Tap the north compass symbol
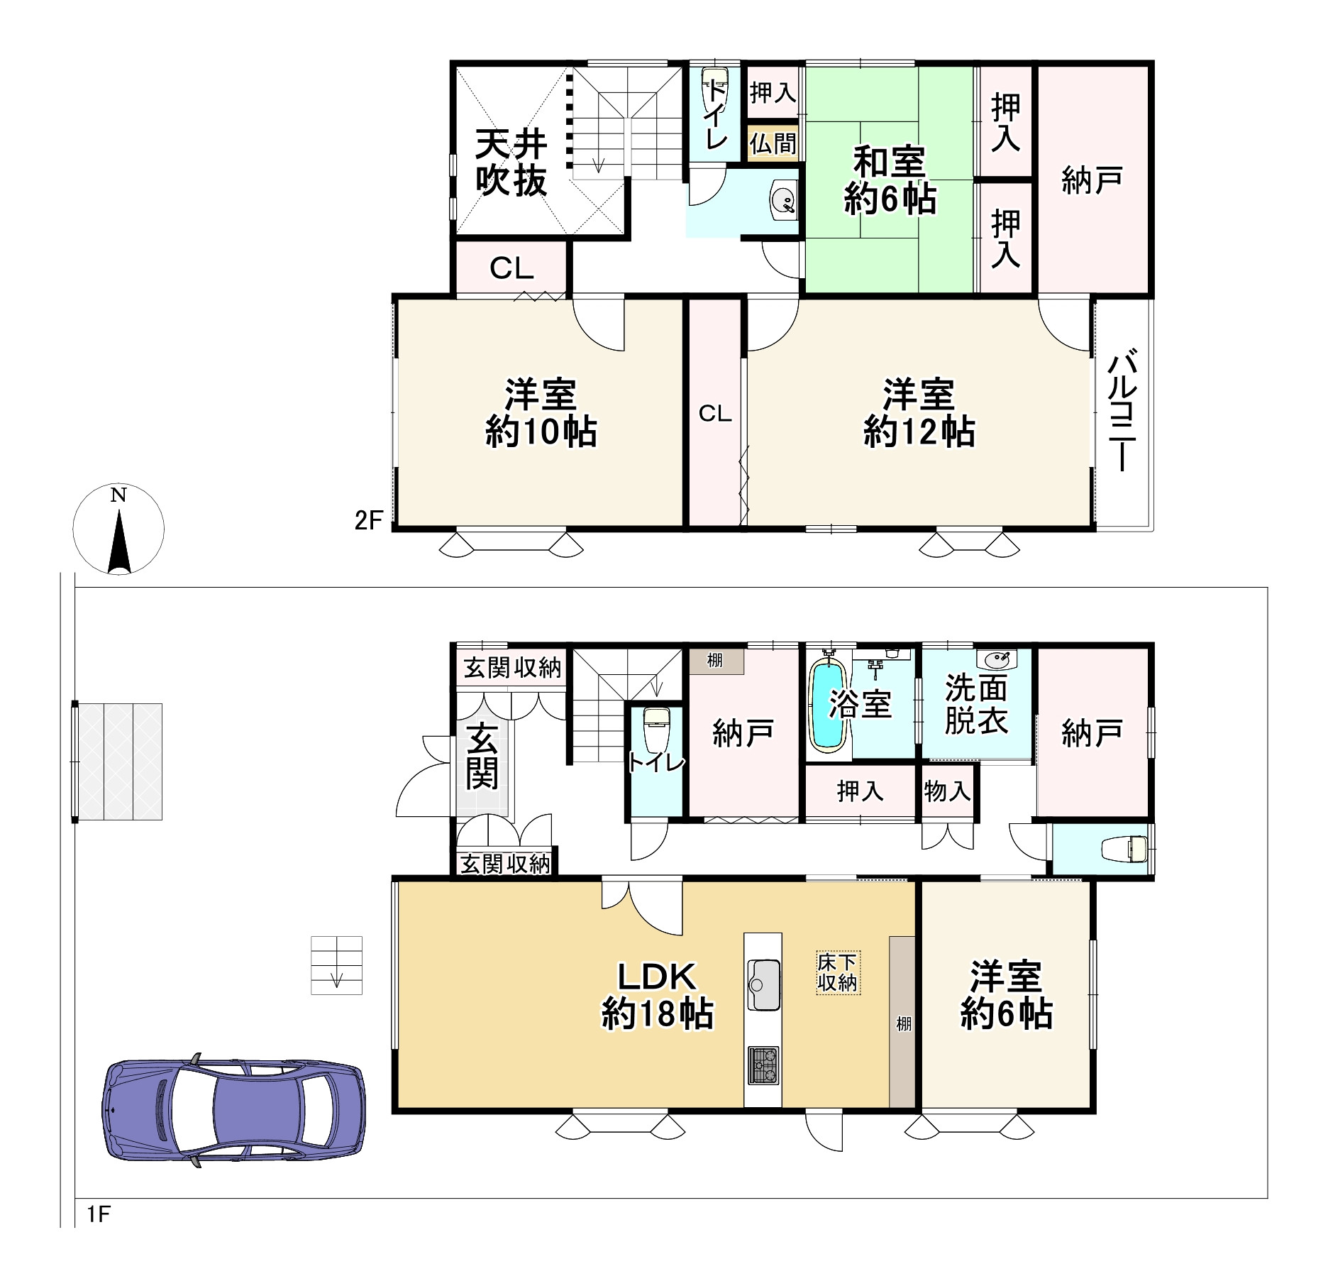[x=118, y=529]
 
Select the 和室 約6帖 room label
[x=890, y=180]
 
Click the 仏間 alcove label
[x=773, y=144]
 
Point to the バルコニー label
[x=1122, y=410]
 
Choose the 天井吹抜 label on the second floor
[x=511, y=163]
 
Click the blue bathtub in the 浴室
[x=829, y=704]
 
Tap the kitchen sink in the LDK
[x=763, y=984]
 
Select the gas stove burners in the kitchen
[x=763, y=1065]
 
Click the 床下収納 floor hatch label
[x=838, y=972]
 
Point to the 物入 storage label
[x=947, y=791]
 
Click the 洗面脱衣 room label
[x=976, y=704]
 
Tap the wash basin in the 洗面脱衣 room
[x=997, y=659]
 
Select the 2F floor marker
[x=368, y=520]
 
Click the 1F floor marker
[x=99, y=1214]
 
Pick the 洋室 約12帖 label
[x=919, y=413]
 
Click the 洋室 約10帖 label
[x=541, y=413]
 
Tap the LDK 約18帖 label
[x=658, y=995]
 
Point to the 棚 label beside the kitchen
[x=903, y=1023]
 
